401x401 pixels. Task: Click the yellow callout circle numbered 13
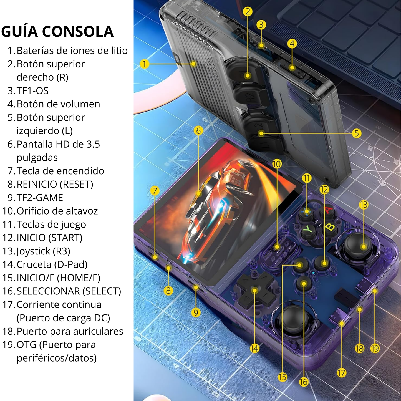pyautogui.click(x=364, y=205)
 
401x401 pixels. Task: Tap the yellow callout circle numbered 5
pyautogui.click(x=357, y=133)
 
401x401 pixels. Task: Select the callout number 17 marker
pyautogui.click(x=341, y=373)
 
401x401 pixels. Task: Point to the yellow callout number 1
pyautogui.click(x=144, y=64)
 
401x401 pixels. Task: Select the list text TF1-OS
pyautogui.click(x=32, y=91)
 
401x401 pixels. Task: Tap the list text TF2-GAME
pyautogui.click(x=40, y=198)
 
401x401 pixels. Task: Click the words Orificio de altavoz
pyautogui.click(x=57, y=211)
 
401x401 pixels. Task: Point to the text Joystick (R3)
pyautogui.click(x=43, y=251)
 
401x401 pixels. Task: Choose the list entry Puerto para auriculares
pyautogui.click(x=70, y=331)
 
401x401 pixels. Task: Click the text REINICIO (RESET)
pyautogui.click(x=55, y=184)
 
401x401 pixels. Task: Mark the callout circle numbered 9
pyautogui.click(x=196, y=313)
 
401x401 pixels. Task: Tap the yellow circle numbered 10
pyautogui.click(x=277, y=164)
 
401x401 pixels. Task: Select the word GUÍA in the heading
pyautogui.click(x=19, y=31)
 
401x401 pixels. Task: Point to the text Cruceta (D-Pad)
pyautogui.click(x=52, y=264)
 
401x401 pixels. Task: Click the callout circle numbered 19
pyautogui.click(x=375, y=349)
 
